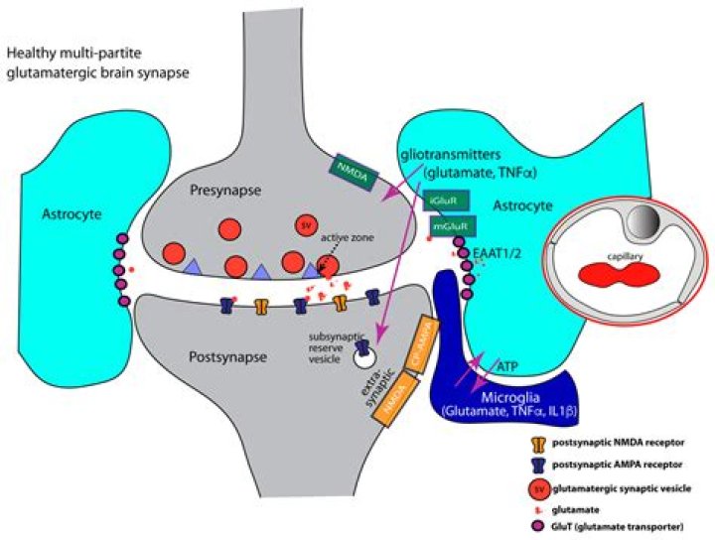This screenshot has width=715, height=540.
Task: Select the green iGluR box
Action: click(442, 202)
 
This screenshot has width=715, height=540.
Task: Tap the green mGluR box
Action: click(450, 226)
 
